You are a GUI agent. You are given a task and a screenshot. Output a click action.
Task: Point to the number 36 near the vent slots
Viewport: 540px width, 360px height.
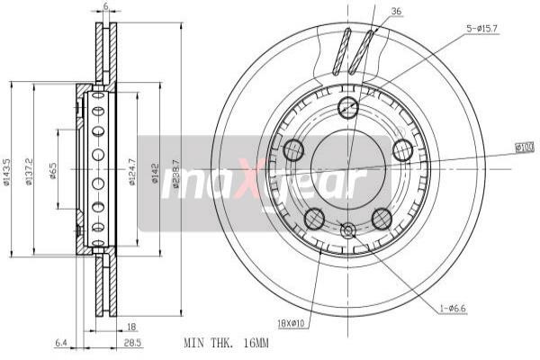pyautogui.click(x=397, y=12)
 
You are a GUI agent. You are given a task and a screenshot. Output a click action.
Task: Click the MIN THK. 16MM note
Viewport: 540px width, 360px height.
pyautogui.click(x=225, y=343)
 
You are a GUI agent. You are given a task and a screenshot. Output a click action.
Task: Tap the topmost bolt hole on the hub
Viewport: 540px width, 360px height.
pyautogui.click(x=348, y=109)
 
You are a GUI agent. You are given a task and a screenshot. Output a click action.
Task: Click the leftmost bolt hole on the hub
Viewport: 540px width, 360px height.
pyautogui.click(x=293, y=149)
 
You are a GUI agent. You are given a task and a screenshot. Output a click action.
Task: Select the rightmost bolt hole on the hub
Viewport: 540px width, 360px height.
pyautogui.click(x=403, y=149)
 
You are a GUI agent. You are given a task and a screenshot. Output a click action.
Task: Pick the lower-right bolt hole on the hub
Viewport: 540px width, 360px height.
pyautogui.click(x=382, y=217)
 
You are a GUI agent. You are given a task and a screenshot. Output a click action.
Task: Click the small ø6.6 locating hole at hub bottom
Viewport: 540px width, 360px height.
pyautogui.click(x=348, y=230)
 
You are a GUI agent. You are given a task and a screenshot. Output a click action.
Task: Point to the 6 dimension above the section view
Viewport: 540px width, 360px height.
pyautogui.click(x=105, y=7)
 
